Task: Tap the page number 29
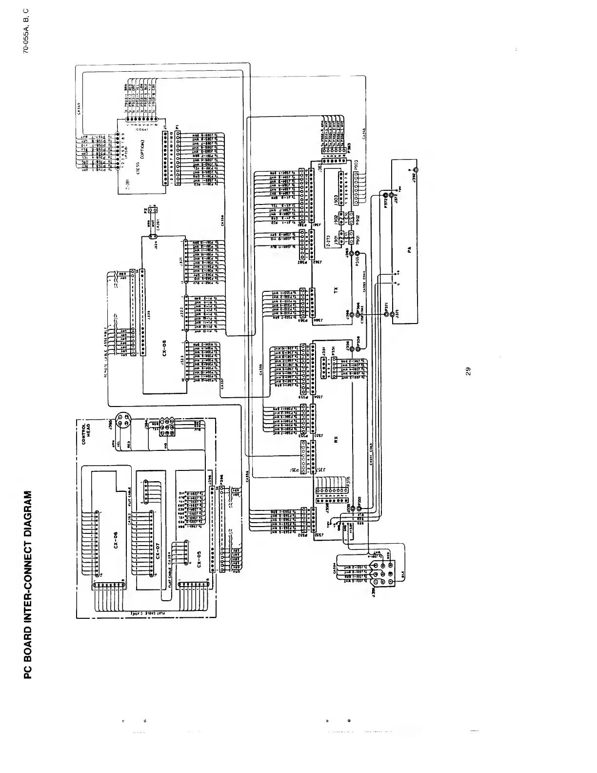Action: click(x=467, y=372)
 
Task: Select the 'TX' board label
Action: click(x=335, y=289)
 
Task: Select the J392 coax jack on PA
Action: click(x=416, y=171)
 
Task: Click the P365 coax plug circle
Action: click(x=358, y=254)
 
